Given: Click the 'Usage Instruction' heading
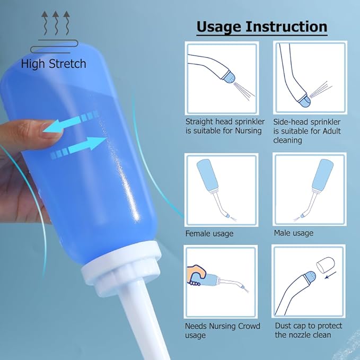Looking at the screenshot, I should [261, 27].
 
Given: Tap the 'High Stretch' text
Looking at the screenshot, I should [54, 64].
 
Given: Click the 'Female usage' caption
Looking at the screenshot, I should [209, 233].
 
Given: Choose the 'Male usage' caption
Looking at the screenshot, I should [293, 233].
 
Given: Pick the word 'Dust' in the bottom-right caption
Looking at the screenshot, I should [283, 326].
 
